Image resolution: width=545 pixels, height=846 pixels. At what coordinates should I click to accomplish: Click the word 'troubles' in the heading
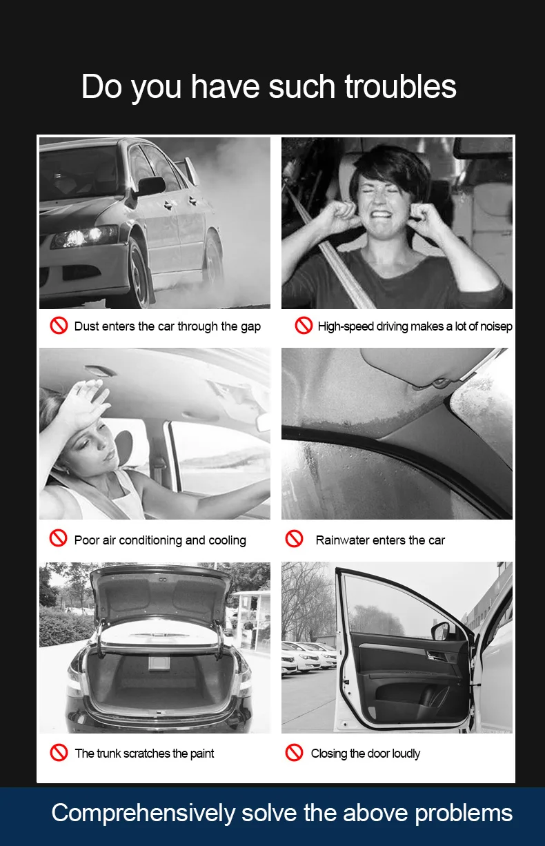400,86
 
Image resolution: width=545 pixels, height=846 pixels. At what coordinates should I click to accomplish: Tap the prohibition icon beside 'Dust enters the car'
59,325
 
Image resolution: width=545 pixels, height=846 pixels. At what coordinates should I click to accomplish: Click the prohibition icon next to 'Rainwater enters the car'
294,538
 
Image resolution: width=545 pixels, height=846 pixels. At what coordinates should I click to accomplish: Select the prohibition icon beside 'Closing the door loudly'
294,752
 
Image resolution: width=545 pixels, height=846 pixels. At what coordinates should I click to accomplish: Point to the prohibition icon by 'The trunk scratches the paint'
59,752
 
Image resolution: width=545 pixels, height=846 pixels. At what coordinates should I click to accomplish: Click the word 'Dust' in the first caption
86,326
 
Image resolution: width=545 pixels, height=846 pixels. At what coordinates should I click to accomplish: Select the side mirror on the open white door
441,631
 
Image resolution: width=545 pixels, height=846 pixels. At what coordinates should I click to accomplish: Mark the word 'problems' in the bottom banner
464,814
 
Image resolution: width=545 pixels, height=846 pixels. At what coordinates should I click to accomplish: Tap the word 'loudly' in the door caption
406,754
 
